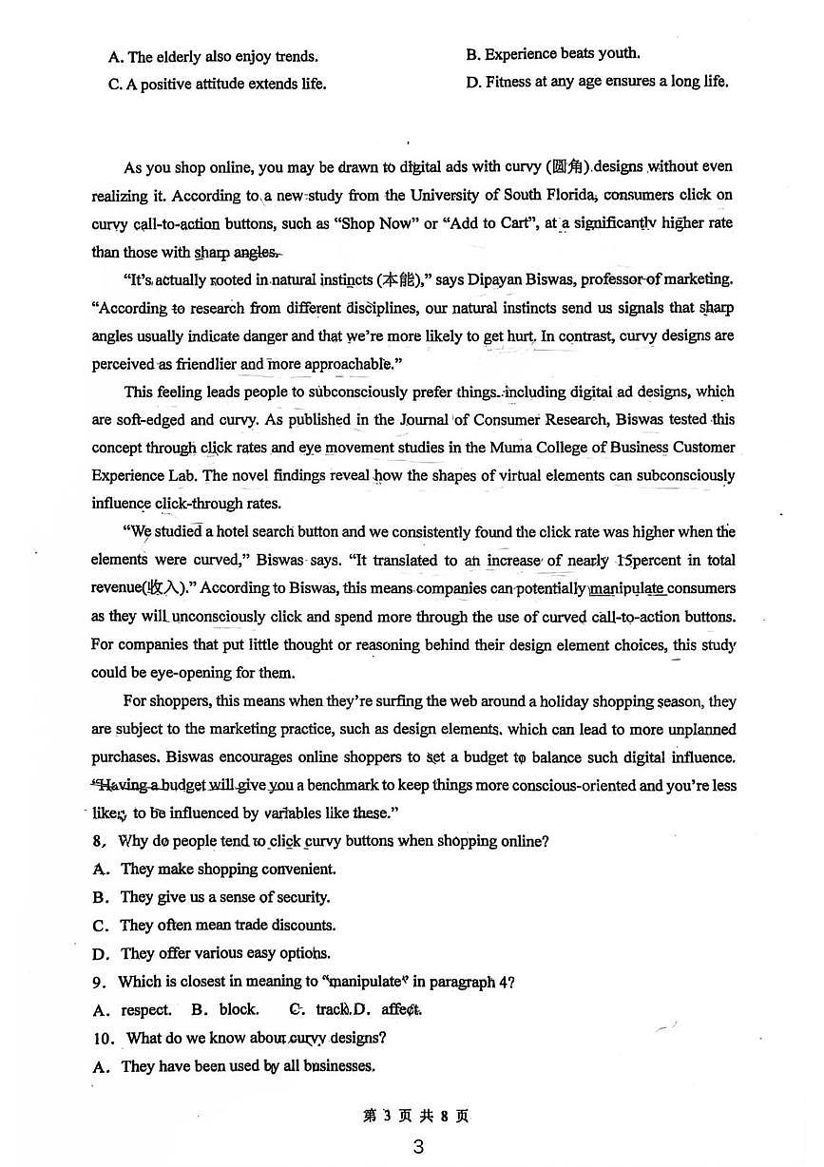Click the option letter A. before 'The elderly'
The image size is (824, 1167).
[116, 57]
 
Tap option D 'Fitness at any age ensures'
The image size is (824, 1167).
[598, 82]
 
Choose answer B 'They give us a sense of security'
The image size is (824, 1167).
[224, 897]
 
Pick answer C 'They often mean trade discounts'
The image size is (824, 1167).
[227, 925]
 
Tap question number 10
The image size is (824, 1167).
[104, 1038]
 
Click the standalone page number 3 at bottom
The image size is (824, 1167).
[417, 1146]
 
